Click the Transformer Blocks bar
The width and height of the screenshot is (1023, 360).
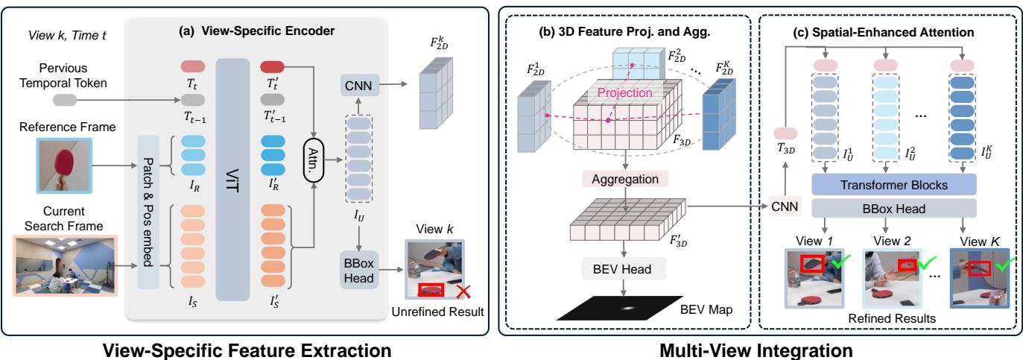pos(884,184)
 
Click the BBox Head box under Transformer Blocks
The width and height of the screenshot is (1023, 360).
pos(884,209)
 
